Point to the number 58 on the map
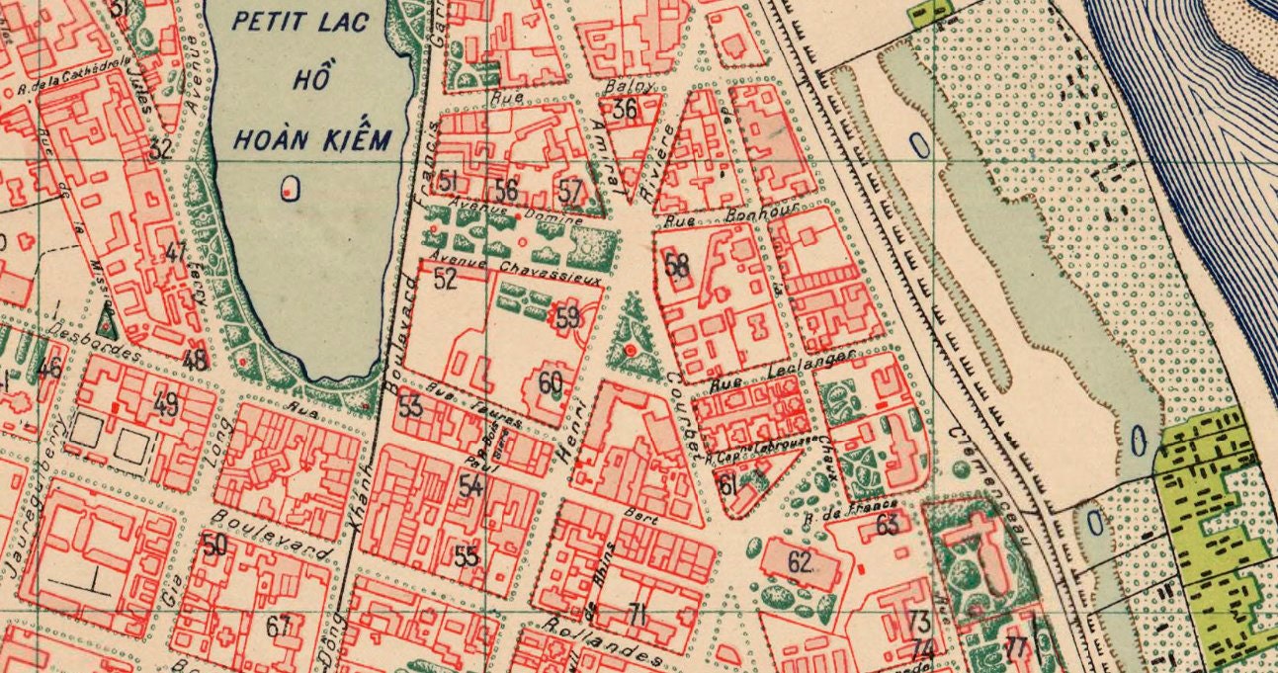677,265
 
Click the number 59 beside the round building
567,318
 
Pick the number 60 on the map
551,383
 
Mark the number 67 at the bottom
278,627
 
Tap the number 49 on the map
166,403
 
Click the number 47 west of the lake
175,252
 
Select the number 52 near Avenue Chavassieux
446,279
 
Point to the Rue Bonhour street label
717,215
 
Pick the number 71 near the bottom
638,615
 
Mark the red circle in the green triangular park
630,351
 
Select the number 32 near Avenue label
160,150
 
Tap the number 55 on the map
467,555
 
